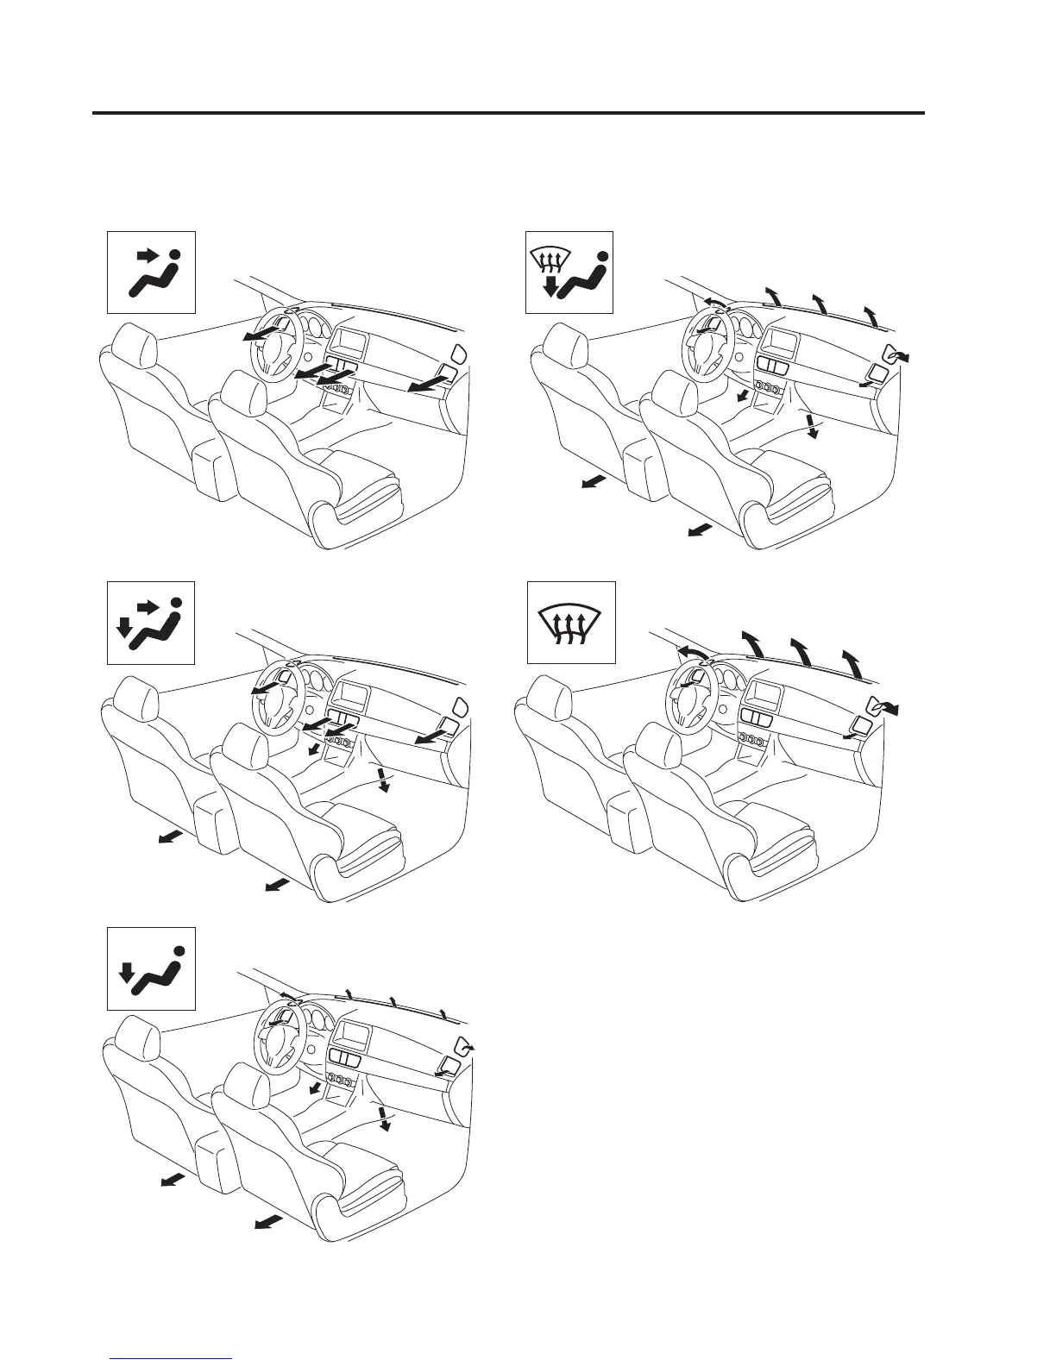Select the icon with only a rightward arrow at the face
(151, 272)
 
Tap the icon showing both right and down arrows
(151, 623)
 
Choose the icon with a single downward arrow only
(151, 968)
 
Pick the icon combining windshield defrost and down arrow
(569, 272)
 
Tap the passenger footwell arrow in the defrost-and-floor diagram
(811, 425)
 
